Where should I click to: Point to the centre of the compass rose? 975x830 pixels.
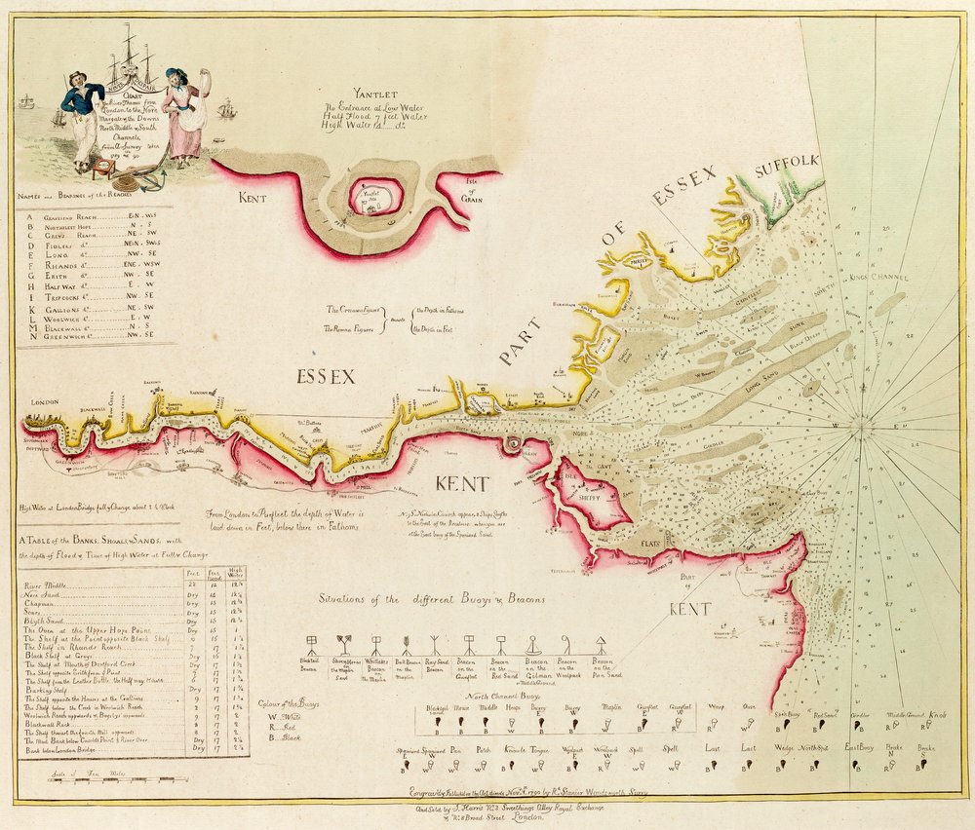pos(863,424)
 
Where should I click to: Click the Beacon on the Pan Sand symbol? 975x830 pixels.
pos(601,644)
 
